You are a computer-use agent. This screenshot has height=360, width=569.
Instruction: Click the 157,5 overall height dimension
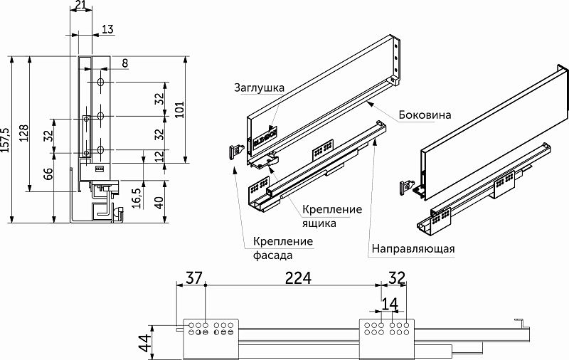[6, 140]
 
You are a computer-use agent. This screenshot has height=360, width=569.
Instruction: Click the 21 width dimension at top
[81, 6]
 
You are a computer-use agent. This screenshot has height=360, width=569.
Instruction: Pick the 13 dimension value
[107, 29]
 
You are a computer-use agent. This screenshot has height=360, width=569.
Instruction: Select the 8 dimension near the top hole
[124, 63]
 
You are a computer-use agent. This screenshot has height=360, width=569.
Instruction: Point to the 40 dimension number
[159, 202]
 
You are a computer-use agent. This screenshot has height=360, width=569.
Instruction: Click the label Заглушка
[259, 88]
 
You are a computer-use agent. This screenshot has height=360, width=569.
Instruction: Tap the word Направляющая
[412, 250]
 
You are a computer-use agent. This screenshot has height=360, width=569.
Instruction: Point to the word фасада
[273, 254]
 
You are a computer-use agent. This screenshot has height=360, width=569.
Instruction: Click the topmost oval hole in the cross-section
[102, 84]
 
